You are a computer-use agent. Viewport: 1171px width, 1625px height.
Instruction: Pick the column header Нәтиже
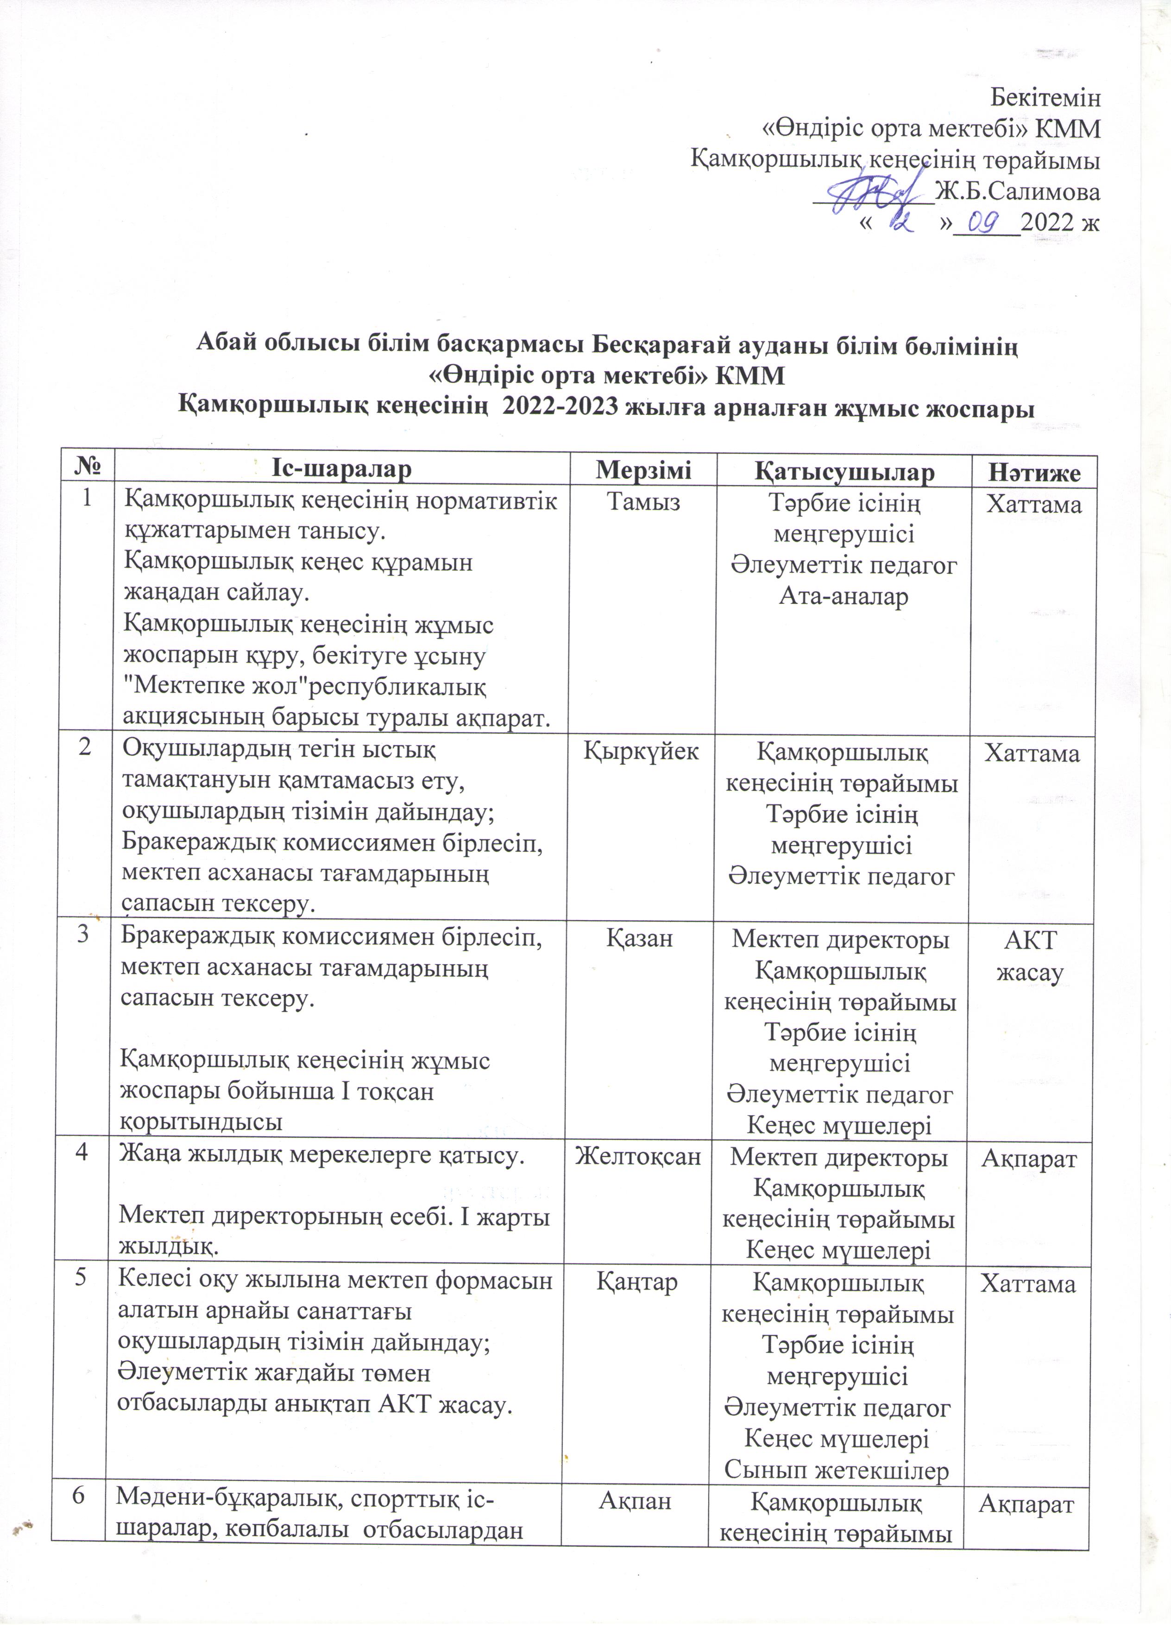pos(1033,473)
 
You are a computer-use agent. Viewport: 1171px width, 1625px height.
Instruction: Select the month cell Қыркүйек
pos(641,751)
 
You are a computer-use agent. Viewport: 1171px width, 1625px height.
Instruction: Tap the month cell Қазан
pos(640,938)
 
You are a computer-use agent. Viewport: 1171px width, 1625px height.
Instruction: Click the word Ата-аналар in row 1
pos(844,596)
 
